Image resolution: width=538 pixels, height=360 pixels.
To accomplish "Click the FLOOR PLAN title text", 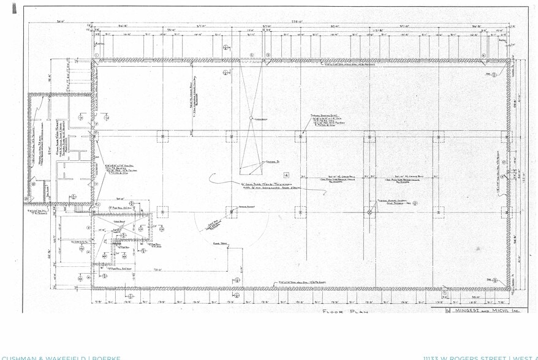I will click(x=344, y=311).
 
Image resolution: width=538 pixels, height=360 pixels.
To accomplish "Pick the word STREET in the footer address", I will click(x=493, y=358).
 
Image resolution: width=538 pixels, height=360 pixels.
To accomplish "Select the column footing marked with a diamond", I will click(x=369, y=212).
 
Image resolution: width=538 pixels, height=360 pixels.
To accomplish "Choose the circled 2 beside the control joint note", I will click(x=415, y=203).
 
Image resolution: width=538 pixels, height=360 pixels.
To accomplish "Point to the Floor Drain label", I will click(x=220, y=244).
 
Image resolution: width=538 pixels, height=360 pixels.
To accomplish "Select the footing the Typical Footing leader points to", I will click(x=300, y=137).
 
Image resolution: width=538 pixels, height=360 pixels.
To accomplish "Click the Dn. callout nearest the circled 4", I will click(x=490, y=74).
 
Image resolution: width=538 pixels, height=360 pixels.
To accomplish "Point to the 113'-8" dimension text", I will click(x=379, y=29).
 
